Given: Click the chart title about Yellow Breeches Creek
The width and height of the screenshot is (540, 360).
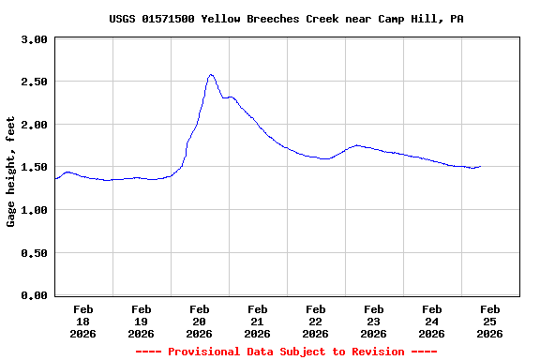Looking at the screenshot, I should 286,19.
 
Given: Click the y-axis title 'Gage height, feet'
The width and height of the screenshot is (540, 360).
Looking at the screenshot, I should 11,172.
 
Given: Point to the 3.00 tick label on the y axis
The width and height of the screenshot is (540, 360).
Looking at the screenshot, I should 34,39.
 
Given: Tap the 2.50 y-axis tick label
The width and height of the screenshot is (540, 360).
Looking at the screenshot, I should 34,82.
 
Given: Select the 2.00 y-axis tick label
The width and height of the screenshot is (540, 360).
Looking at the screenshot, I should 34,125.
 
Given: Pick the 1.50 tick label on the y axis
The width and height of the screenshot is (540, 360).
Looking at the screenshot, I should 34,167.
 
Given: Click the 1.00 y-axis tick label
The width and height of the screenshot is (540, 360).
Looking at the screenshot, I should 34,210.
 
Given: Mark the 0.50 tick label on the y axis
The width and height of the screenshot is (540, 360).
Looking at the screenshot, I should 34,252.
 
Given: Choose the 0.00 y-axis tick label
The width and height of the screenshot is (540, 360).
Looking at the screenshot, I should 34,295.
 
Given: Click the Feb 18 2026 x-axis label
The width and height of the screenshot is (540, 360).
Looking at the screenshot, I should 83,321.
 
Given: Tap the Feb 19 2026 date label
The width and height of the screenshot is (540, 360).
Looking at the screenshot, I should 142,321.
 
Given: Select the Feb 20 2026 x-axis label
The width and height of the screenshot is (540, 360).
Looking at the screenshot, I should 200,321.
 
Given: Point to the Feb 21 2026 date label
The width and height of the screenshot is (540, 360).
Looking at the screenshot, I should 258,321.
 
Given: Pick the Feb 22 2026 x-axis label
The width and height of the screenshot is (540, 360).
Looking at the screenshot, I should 316,321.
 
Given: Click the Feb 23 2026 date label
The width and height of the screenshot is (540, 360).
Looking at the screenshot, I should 374,321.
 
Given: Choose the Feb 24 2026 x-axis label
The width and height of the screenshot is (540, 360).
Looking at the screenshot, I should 432,321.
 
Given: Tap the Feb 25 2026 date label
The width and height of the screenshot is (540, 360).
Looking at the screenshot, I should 490,321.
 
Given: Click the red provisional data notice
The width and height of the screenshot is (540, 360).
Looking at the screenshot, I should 286,352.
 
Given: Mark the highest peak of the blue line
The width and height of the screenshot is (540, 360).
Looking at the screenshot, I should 211,74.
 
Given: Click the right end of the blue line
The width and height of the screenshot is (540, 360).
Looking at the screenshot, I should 481,166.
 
